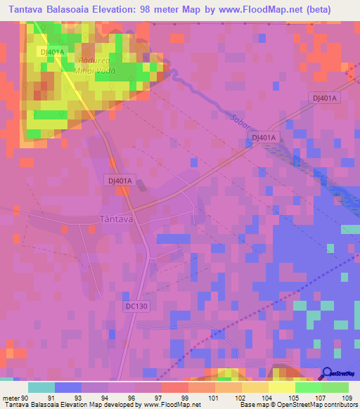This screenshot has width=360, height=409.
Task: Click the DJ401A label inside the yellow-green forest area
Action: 53,52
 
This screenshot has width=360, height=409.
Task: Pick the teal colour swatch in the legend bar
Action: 41,387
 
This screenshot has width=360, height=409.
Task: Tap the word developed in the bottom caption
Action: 124,405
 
